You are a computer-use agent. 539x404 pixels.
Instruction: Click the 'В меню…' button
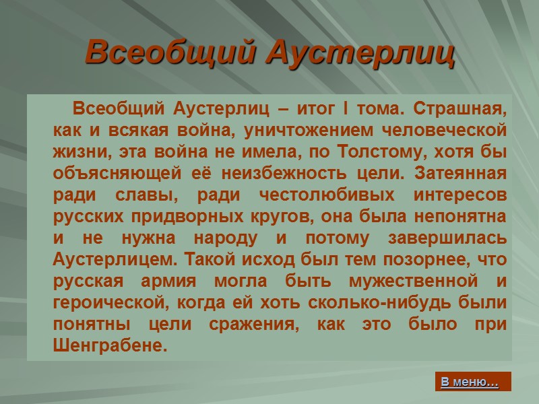pos(470,382)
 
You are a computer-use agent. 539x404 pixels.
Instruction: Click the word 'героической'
pos(108,304)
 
